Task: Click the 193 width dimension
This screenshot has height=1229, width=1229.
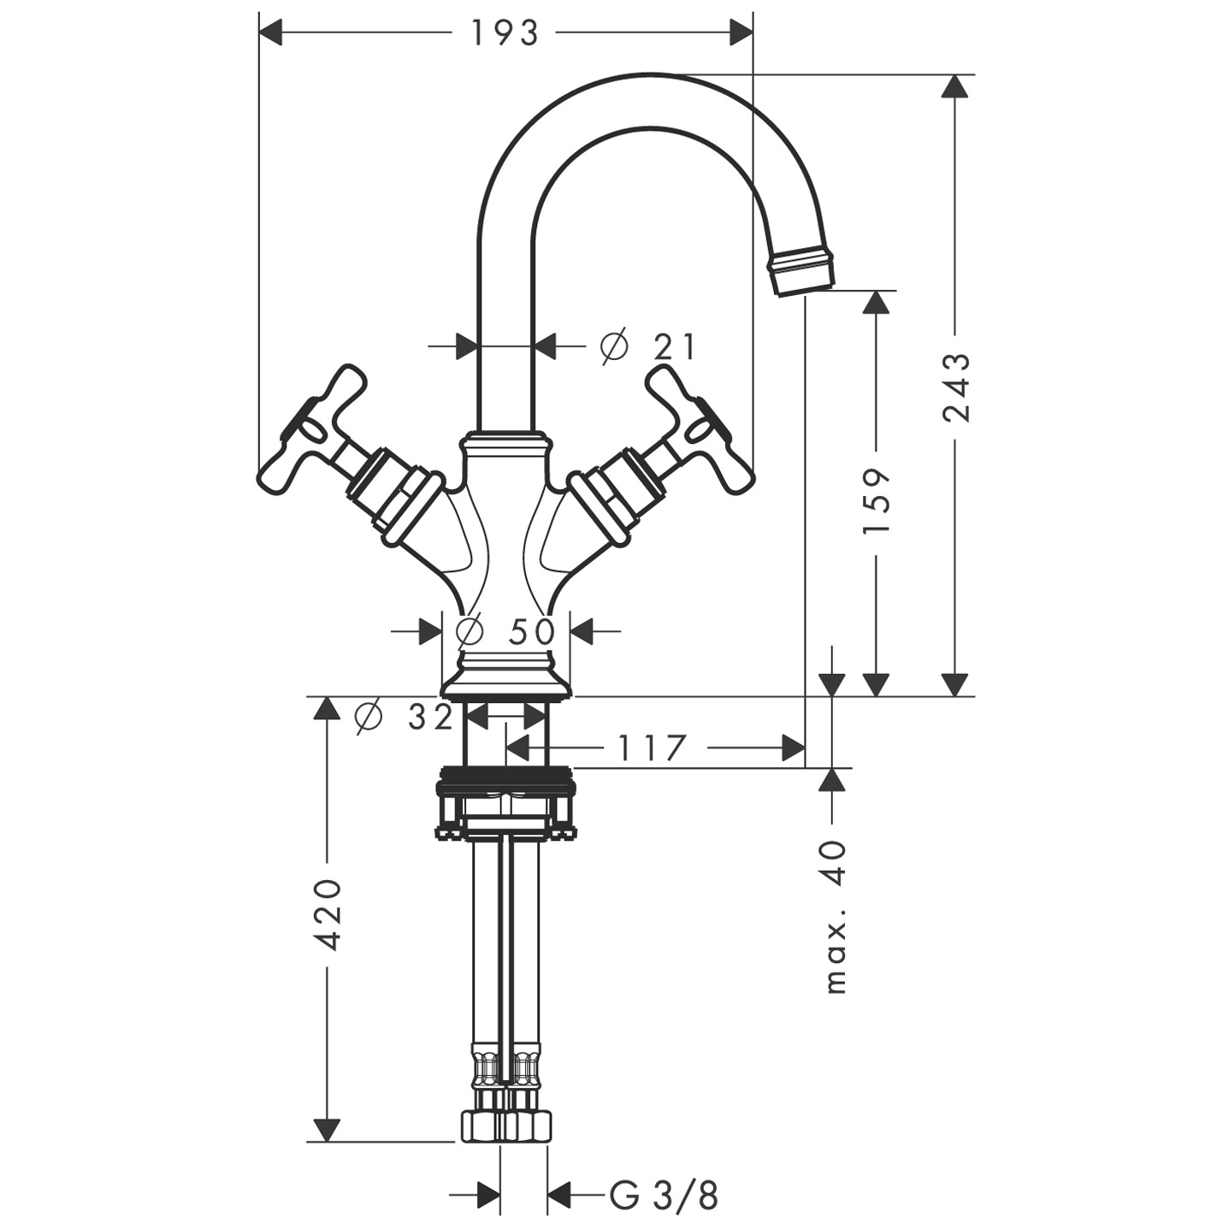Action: pos(505,33)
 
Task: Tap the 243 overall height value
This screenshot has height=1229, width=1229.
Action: pos(957,387)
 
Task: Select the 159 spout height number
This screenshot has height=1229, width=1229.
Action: pos(877,501)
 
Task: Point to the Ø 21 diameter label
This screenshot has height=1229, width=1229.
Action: pos(648,346)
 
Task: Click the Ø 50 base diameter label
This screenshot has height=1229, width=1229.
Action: pos(505,631)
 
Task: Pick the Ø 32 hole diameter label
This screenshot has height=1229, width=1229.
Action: pos(404,717)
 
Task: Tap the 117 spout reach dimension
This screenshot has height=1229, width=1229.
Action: pos(652,748)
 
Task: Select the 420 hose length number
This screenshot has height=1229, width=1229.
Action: pos(328,914)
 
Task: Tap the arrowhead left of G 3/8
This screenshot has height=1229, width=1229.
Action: pos(487,1196)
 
